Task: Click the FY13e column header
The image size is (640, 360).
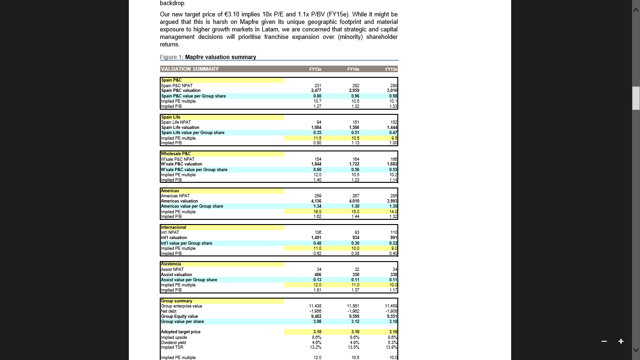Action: pos(315,69)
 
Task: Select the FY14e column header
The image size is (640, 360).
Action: pos(353,69)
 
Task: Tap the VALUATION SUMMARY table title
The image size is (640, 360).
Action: pos(190,69)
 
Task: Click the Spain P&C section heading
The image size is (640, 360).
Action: pos(171,80)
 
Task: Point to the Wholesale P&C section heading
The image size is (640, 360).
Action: pos(176,154)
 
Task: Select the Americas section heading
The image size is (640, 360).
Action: pos(170,191)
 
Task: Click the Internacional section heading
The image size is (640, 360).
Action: pos(174,227)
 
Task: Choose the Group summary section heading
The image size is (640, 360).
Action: pos(177,301)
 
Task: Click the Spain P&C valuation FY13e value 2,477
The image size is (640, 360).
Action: pos(316,90)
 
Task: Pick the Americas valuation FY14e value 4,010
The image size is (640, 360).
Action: pos(354,201)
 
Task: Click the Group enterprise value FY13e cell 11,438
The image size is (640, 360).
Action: pos(315,306)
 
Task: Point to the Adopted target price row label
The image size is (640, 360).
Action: pos(181,332)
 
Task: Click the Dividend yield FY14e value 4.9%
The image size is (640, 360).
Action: pos(355,343)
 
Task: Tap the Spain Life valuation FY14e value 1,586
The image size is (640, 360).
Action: pos(354,127)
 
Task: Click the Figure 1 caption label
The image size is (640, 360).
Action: pos(171,57)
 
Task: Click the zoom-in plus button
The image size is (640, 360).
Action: pos(621,341)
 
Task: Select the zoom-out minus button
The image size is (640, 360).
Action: pos(604,341)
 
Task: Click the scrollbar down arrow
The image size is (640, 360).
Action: pos(636,350)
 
